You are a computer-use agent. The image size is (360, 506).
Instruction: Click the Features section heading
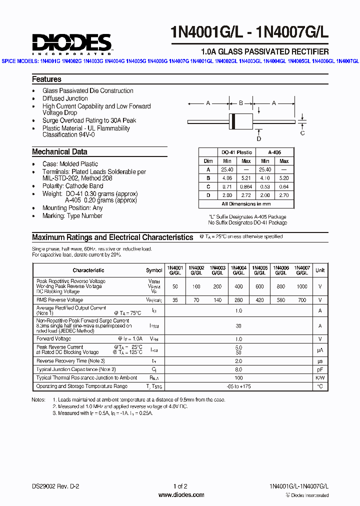coord(46,79)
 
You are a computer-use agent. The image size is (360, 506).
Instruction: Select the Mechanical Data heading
coord(59,152)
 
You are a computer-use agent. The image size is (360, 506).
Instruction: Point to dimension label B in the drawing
coord(240,103)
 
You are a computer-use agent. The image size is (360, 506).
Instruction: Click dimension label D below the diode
coord(259,138)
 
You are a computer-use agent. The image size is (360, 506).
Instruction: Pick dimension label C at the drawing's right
coord(302,133)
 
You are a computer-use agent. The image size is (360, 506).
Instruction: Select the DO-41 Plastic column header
coord(236,152)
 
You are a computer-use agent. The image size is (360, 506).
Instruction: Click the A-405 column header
coord(274,152)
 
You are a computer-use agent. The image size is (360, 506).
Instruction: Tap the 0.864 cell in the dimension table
coord(246,186)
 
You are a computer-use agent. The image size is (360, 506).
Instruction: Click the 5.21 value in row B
coord(246,178)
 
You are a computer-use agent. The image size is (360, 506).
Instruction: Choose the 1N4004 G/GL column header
coord(238,270)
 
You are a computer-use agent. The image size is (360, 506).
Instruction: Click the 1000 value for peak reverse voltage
coord(302,286)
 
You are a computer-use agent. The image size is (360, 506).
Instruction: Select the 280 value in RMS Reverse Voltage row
coord(238,300)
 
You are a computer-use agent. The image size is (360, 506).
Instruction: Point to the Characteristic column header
coord(88,270)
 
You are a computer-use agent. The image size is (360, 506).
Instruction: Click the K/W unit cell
coord(320,377)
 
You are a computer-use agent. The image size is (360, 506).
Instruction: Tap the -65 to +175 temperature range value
coord(238,386)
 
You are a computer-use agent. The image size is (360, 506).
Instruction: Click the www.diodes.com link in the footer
coord(181,495)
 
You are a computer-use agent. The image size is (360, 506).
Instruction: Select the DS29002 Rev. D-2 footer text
coord(55,486)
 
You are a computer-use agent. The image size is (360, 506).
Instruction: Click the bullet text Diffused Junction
coord(65,98)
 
